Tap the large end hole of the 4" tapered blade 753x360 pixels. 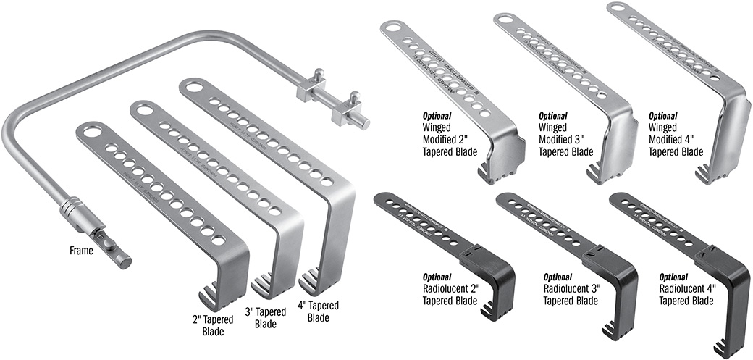point(193,86)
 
